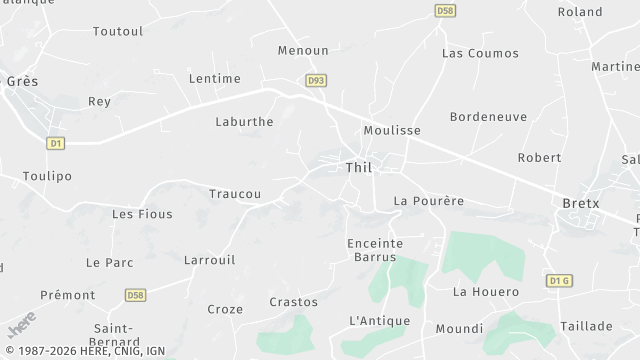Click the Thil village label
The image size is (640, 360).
pos(358,168)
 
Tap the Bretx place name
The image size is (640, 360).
pos(580,203)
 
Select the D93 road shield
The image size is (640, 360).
pos(316,81)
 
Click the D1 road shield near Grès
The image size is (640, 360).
pos(56,143)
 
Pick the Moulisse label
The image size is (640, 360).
pos(392,131)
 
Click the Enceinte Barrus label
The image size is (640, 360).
pos(375,250)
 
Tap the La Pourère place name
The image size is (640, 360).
pos(429,201)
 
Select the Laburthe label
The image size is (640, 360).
pos(244,122)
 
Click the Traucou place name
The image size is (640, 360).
pos(235,194)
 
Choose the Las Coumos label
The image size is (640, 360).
pos(480,53)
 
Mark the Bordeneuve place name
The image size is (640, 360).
pos(488,117)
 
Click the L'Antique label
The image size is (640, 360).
pos(380,321)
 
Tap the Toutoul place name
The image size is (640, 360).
pos(118,32)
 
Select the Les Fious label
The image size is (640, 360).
pos(142,214)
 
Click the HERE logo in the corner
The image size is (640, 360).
pos(21,325)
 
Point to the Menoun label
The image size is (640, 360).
pos(303,50)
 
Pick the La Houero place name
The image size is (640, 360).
pos(486,292)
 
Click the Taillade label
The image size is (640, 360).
pos(586,326)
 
